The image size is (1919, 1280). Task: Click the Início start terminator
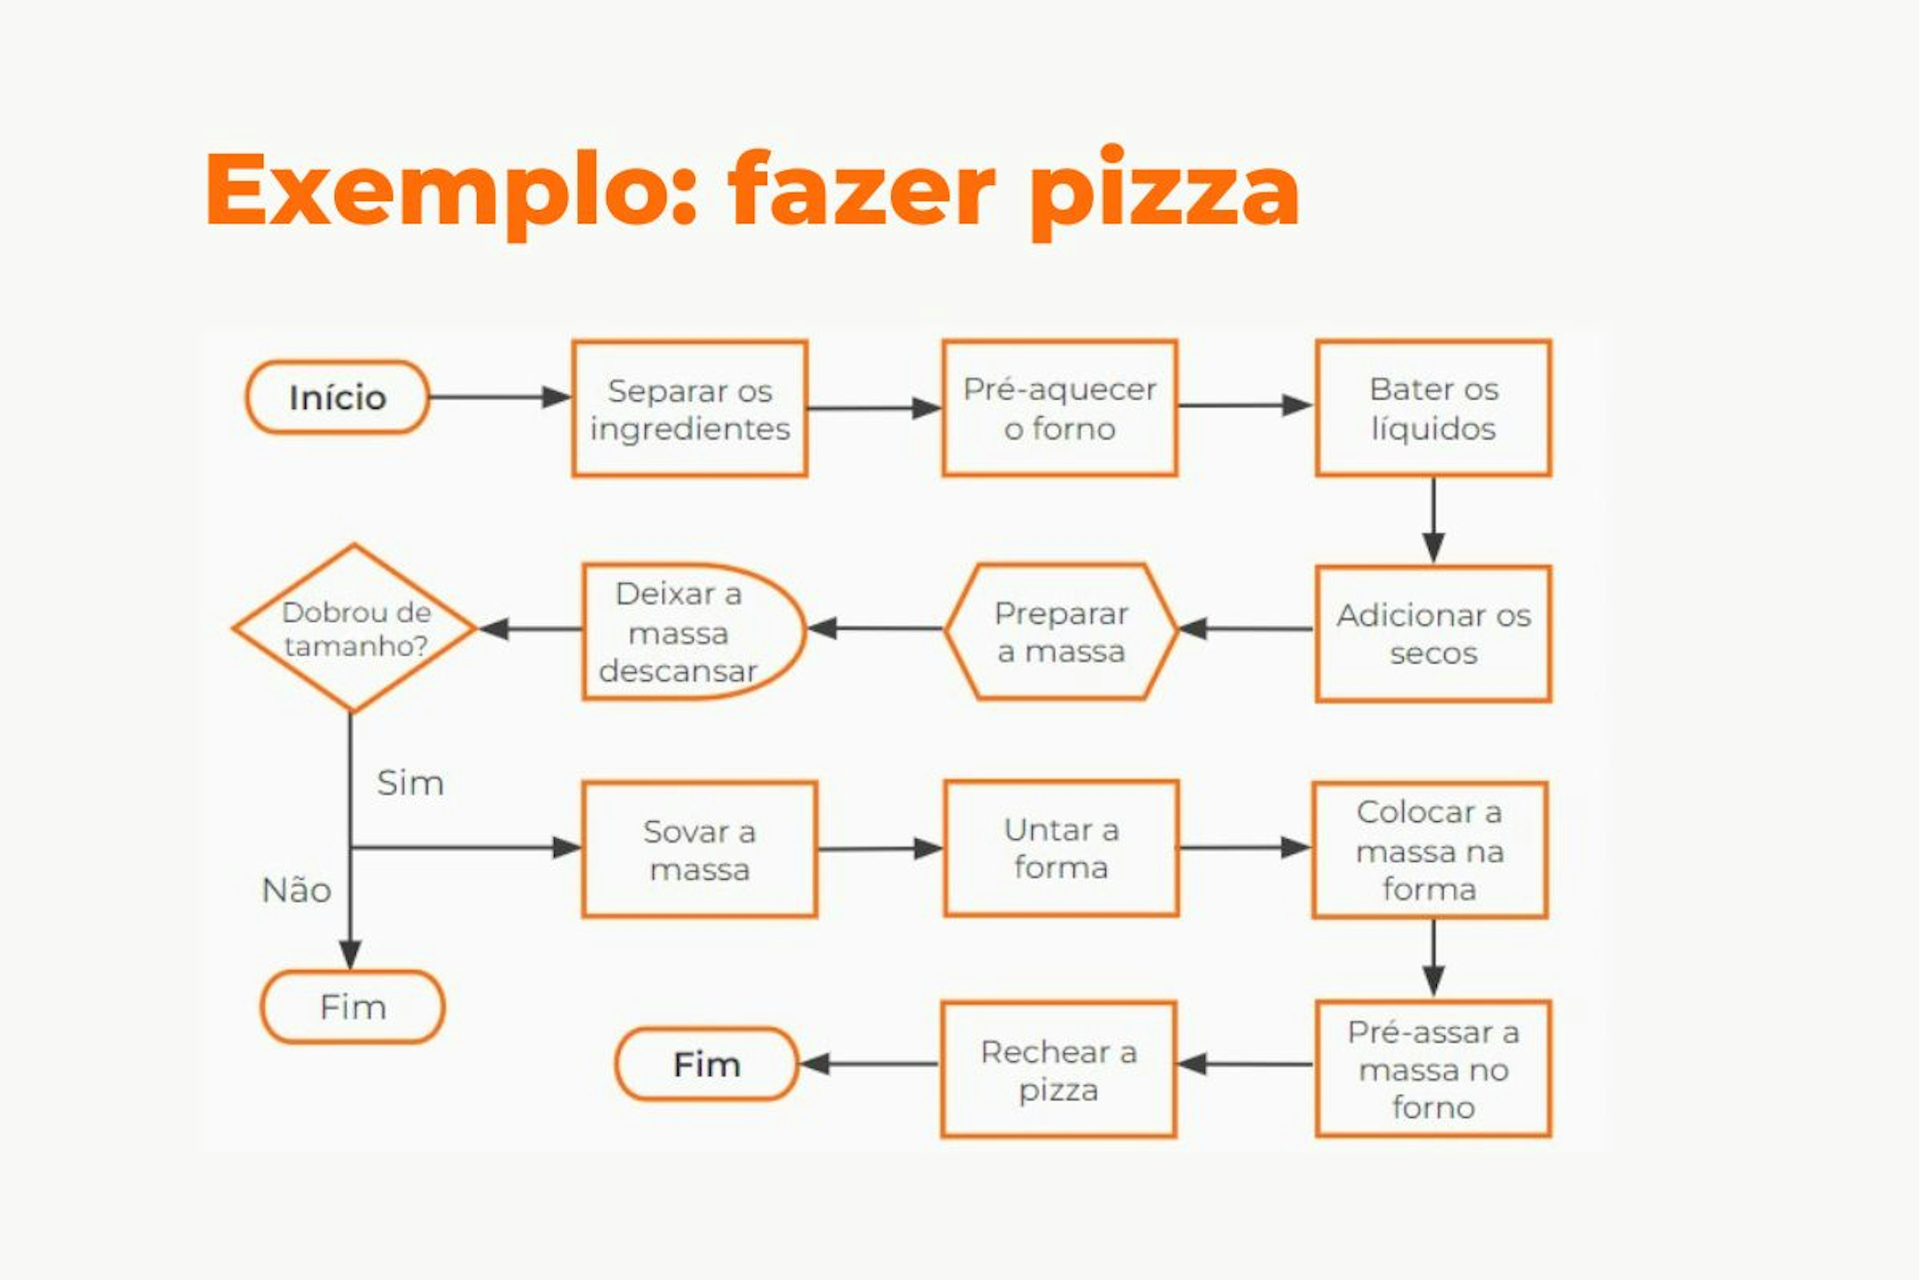click(337, 397)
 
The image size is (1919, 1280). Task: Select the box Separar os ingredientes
click(690, 409)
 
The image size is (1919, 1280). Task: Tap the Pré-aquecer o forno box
click(1059, 408)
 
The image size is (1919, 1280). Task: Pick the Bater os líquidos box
click(1433, 408)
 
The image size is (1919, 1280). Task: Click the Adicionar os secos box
click(1433, 633)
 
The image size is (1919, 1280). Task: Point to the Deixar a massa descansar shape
click(685, 632)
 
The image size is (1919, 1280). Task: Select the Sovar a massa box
click(699, 850)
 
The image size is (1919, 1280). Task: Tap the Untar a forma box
click(1060, 848)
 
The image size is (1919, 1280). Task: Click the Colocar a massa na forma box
click(1429, 850)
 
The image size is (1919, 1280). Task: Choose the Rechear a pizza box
click(1058, 1069)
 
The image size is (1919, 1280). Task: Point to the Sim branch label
click(410, 783)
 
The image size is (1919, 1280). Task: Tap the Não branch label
click(296, 890)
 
